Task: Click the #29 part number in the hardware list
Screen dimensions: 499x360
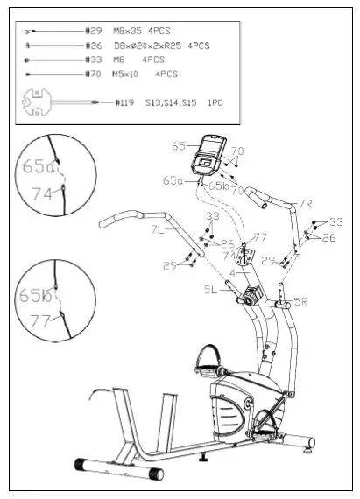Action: point(95,30)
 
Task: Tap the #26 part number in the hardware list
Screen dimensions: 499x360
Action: point(94,45)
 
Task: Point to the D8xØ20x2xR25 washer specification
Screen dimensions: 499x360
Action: point(148,45)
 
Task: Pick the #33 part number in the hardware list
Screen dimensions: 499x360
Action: point(94,60)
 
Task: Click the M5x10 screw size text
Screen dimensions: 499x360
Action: point(131,74)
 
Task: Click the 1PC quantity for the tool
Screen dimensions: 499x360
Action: point(215,103)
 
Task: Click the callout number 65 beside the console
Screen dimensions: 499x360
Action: point(180,146)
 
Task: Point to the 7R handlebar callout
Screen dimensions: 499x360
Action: point(305,204)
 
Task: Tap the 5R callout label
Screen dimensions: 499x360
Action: point(300,302)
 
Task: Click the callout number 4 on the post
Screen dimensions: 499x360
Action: point(233,272)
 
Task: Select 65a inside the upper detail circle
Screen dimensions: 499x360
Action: point(38,165)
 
